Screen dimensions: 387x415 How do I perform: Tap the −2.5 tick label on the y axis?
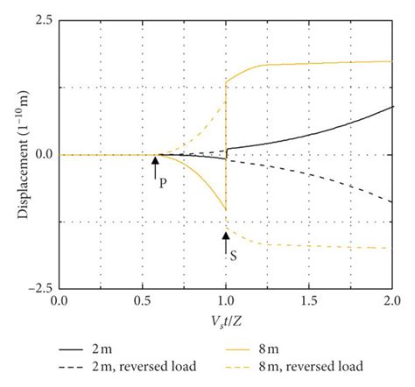tap(39, 288)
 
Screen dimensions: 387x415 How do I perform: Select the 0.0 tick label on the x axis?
tap(60, 300)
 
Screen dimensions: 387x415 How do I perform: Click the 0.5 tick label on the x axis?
tap(143, 300)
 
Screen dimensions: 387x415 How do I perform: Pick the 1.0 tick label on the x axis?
tap(226, 300)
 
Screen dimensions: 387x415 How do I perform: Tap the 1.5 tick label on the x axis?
tap(309, 300)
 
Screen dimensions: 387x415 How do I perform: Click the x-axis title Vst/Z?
tap(226, 320)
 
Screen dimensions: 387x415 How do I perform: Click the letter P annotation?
tap(163, 183)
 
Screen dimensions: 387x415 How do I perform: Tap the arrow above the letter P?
tap(156, 165)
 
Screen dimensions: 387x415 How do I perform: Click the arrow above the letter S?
tap(226, 239)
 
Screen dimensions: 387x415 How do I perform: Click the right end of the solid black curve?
tap(391, 107)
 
